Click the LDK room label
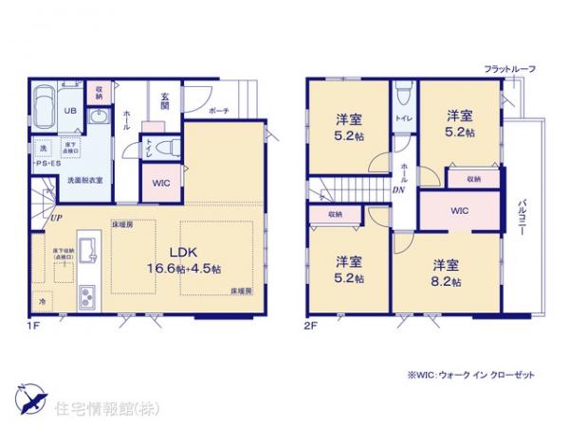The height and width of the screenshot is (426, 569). click(181, 252)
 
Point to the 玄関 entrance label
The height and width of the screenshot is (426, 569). click(165, 98)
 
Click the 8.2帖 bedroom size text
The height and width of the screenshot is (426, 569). click(447, 282)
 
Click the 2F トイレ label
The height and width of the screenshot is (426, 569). click(402, 120)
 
